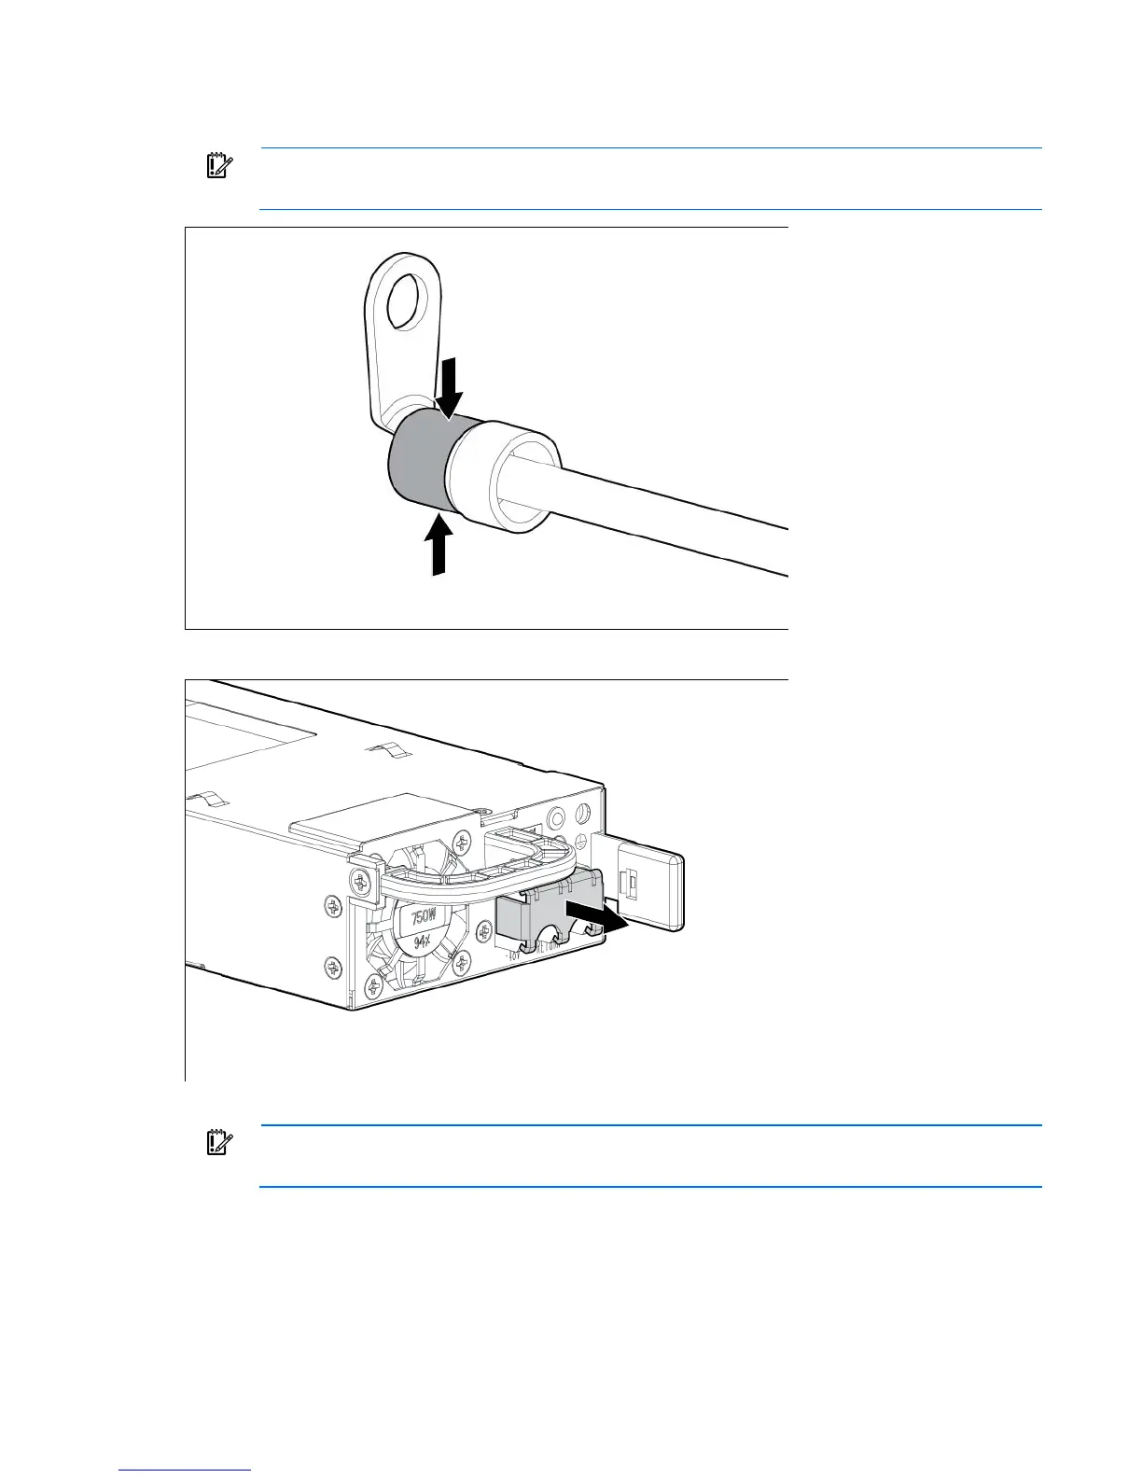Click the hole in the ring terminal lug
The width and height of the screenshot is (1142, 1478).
coord(403,300)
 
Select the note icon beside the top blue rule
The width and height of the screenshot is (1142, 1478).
coord(218,166)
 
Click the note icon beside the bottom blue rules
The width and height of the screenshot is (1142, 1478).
coord(218,1143)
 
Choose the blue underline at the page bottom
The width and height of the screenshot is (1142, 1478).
coord(186,1471)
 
